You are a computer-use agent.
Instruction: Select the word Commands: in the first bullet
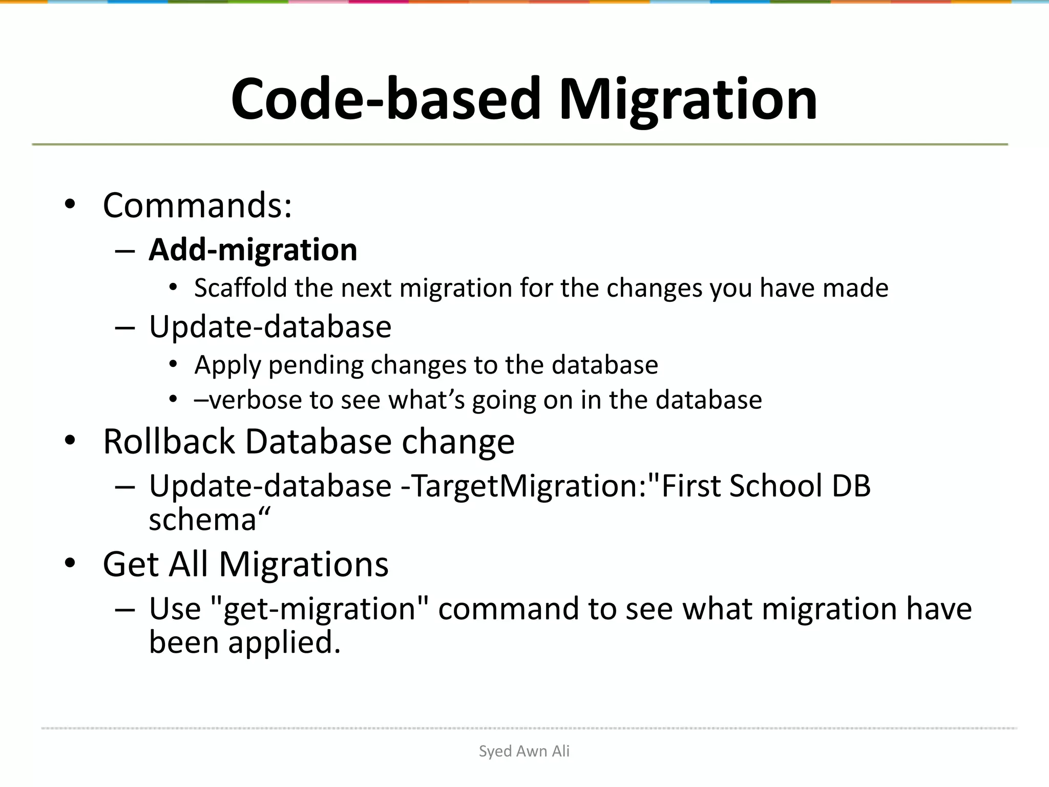point(197,205)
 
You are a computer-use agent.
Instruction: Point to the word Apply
point(228,366)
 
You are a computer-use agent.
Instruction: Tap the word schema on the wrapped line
point(202,520)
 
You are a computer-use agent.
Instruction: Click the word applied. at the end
point(284,643)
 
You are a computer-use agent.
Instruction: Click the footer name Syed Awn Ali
point(524,751)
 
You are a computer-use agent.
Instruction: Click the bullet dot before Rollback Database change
point(70,440)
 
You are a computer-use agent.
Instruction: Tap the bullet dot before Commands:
point(70,204)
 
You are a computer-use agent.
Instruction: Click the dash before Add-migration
point(125,251)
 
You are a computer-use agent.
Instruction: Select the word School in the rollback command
point(775,486)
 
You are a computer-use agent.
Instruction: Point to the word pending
point(316,366)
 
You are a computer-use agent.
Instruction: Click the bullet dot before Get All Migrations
point(70,563)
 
